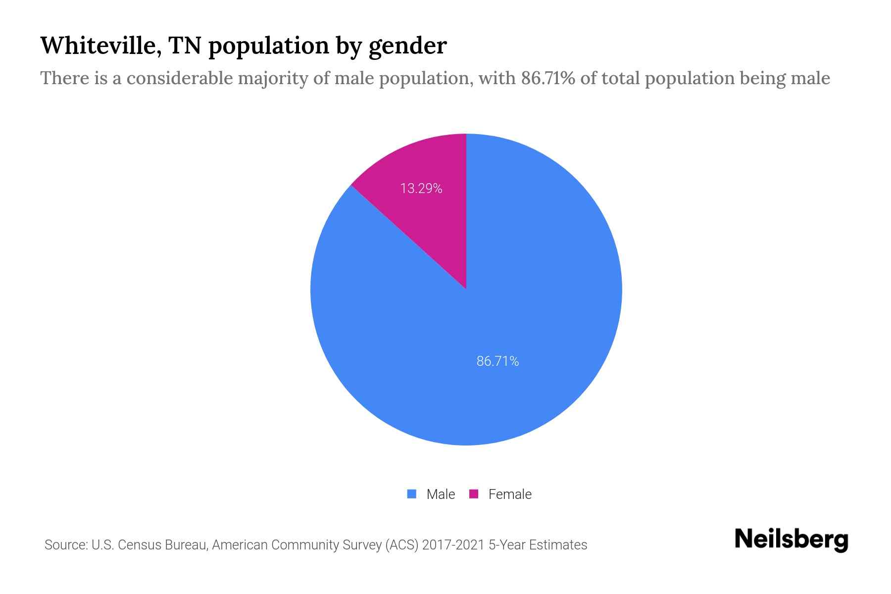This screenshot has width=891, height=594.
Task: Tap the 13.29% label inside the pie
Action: (421, 189)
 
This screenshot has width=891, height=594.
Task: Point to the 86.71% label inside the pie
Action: (497, 361)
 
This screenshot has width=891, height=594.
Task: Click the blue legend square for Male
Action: (412, 494)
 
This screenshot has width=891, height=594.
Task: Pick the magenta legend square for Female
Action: (474, 494)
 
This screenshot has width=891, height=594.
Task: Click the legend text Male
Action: (441, 494)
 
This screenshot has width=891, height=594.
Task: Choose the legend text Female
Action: (510, 494)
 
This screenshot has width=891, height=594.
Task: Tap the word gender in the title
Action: (408, 47)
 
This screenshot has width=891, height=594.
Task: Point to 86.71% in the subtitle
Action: (548, 78)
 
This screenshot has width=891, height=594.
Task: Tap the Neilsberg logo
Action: (791, 540)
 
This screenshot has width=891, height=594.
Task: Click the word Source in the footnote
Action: (65, 545)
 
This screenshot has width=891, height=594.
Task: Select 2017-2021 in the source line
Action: (453, 545)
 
